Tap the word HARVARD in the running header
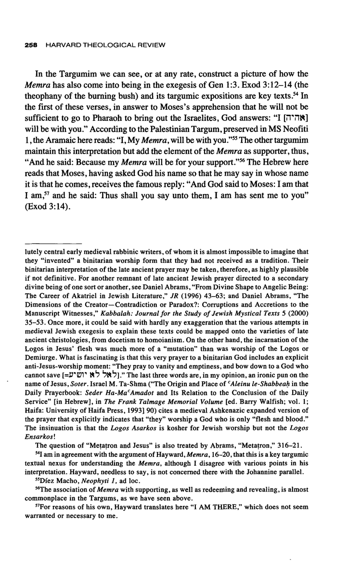[59, 45]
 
